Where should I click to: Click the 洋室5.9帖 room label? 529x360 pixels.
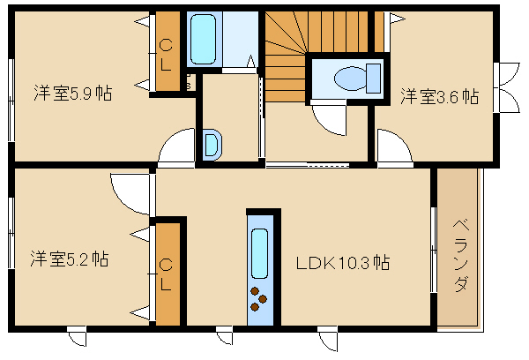pyautogui.click(x=73, y=94)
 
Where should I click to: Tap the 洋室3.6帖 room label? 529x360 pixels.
pyautogui.click(x=440, y=96)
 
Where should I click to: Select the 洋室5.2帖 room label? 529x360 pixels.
pyautogui.click(x=70, y=259)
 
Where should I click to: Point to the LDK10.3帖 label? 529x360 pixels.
pyautogui.click(x=343, y=263)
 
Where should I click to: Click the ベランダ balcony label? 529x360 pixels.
pyautogui.click(x=460, y=255)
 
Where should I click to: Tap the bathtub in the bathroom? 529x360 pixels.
pyautogui.click(x=203, y=39)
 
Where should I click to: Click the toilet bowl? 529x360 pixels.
pyautogui.click(x=351, y=79)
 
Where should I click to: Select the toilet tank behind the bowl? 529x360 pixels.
pyautogui.click(x=374, y=79)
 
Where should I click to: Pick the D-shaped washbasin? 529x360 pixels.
pyautogui.click(x=212, y=146)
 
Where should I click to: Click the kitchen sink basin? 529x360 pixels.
pyautogui.click(x=260, y=253)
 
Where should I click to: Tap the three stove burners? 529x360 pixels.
pyautogui.click(x=258, y=299)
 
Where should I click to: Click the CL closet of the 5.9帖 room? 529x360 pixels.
pyautogui.click(x=168, y=51)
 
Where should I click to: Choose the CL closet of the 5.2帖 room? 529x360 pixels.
pyautogui.click(x=168, y=274)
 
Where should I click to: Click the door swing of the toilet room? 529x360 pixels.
pyautogui.click(x=329, y=119)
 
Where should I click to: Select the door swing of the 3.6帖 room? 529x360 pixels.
pyautogui.click(x=395, y=146)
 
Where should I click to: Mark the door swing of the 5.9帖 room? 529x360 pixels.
pyautogui.click(x=176, y=146)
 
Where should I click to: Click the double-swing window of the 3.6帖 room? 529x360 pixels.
pyautogui.click(x=506, y=87)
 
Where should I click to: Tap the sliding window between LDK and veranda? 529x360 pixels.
pyautogui.click(x=434, y=249)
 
